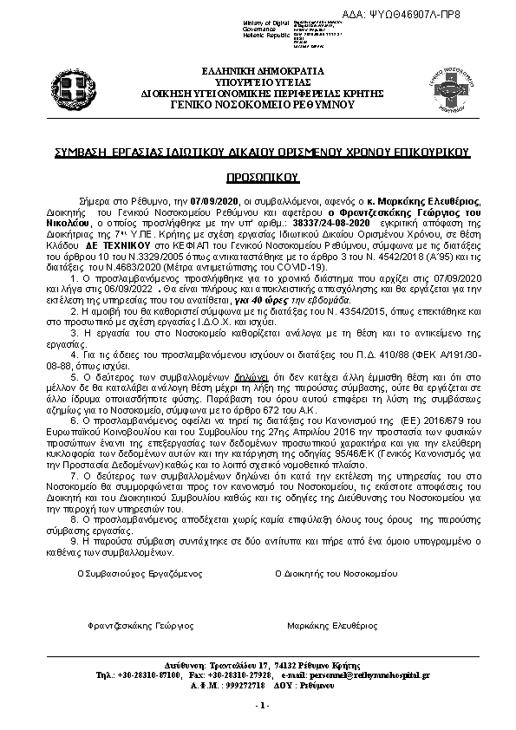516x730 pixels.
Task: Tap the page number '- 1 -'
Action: point(263,706)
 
